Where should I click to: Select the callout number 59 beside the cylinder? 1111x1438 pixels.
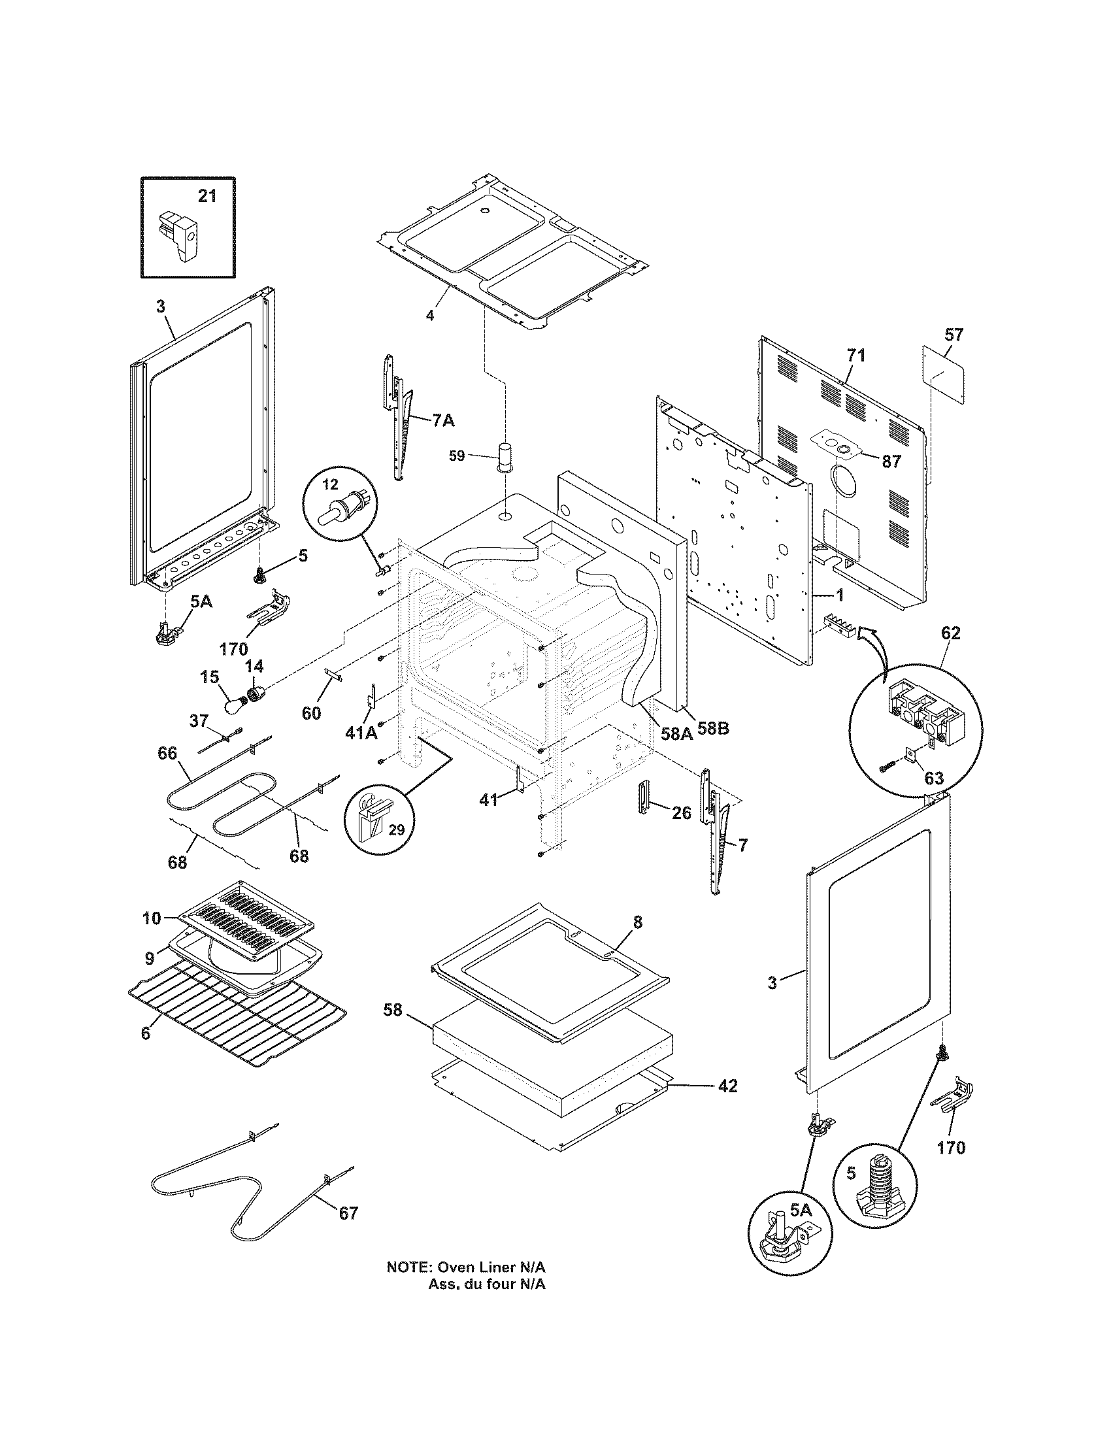(457, 456)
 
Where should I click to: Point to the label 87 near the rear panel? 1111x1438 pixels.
(891, 461)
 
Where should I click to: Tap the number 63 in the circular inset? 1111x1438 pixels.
(934, 778)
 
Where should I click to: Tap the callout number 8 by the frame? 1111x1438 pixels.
(637, 922)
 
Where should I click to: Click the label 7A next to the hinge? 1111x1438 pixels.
(443, 420)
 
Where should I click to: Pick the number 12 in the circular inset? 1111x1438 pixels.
(331, 484)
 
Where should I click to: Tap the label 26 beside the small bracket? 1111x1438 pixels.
(682, 813)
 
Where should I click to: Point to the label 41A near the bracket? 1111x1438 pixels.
(361, 732)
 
